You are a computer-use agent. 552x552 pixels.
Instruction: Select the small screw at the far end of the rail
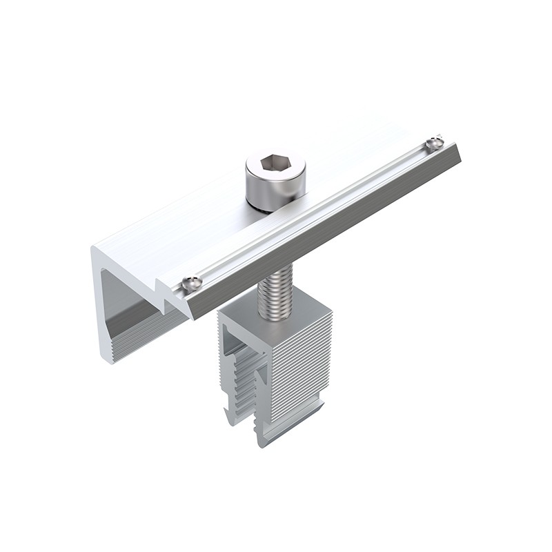tap(433, 143)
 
